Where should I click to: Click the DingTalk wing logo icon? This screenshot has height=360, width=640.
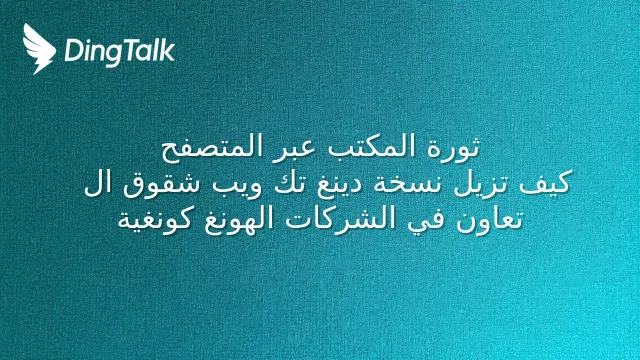point(39,49)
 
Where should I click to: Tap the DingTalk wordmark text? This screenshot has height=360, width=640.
point(120,51)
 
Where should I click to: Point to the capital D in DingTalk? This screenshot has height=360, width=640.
point(73,50)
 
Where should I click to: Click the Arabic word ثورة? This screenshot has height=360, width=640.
point(453,147)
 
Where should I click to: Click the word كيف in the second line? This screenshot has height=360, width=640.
point(544,182)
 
